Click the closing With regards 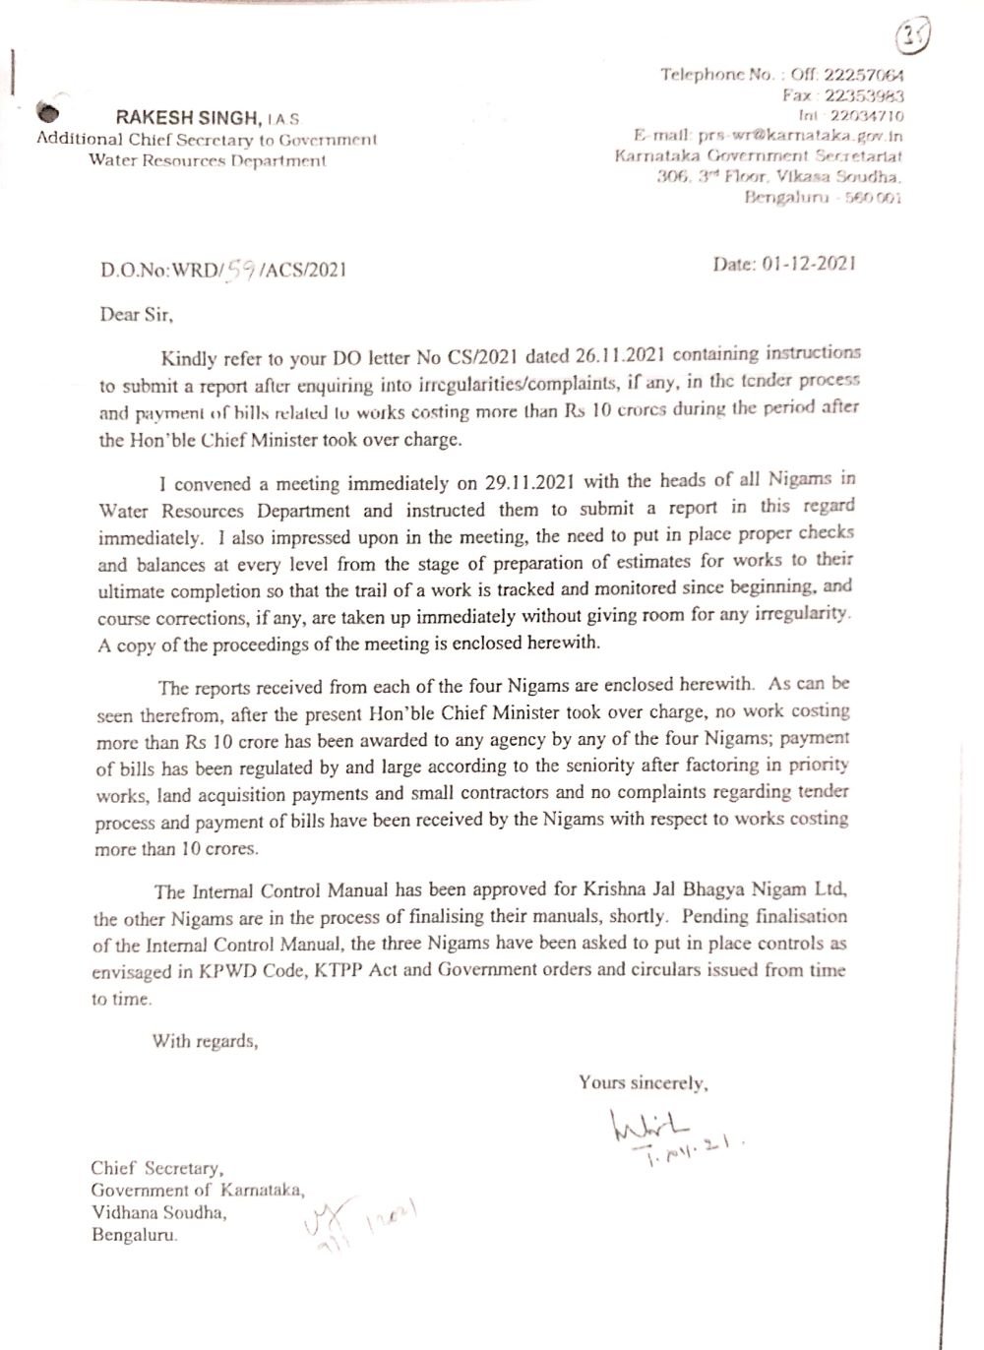pyautogui.click(x=205, y=1041)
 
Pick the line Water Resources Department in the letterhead pyautogui.click(x=207, y=160)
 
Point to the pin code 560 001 pyautogui.click(x=876, y=198)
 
